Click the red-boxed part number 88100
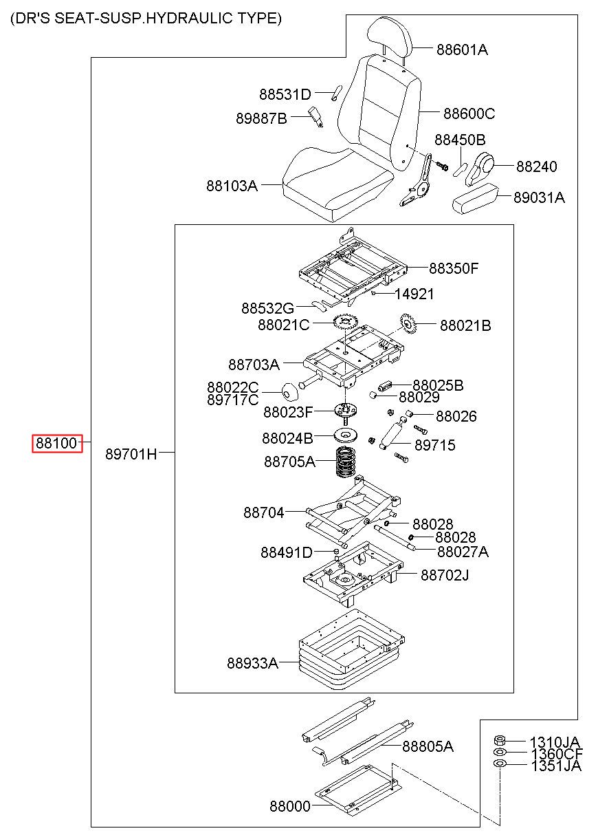pyautogui.click(x=56, y=443)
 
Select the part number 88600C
pyautogui.click(x=469, y=113)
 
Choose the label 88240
pyautogui.click(x=536, y=166)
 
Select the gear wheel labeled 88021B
pyautogui.click(x=408, y=323)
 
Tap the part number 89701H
pyautogui.click(x=131, y=454)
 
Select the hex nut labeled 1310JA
pyautogui.click(x=500, y=739)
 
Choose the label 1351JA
pyautogui.click(x=556, y=766)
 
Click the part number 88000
pyautogui.click(x=290, y=806)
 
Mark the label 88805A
pyautogui.click(x=428, y=746)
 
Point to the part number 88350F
pyautogui.click(x=454, y=268)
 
